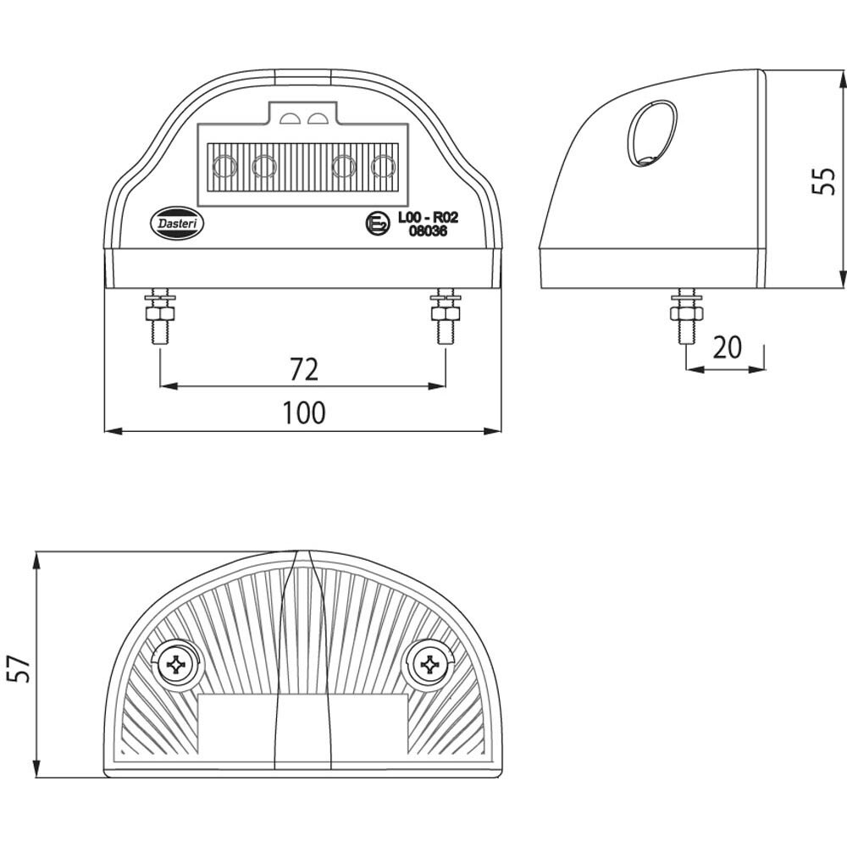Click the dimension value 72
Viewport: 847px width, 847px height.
coord(303,369)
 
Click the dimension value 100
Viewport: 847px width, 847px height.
coord(303,413)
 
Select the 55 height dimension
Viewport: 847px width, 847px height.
coord(823,180)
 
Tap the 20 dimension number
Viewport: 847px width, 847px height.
coord(726,347)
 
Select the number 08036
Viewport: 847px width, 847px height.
coord(422,232)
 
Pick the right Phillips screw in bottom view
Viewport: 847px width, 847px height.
coord(431,666)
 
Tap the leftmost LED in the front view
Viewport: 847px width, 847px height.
coord(224,166)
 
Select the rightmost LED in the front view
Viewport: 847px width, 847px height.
coord(384,166)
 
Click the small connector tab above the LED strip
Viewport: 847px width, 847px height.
coord(305,113)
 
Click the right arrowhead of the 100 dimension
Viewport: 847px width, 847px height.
coord(495,431)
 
